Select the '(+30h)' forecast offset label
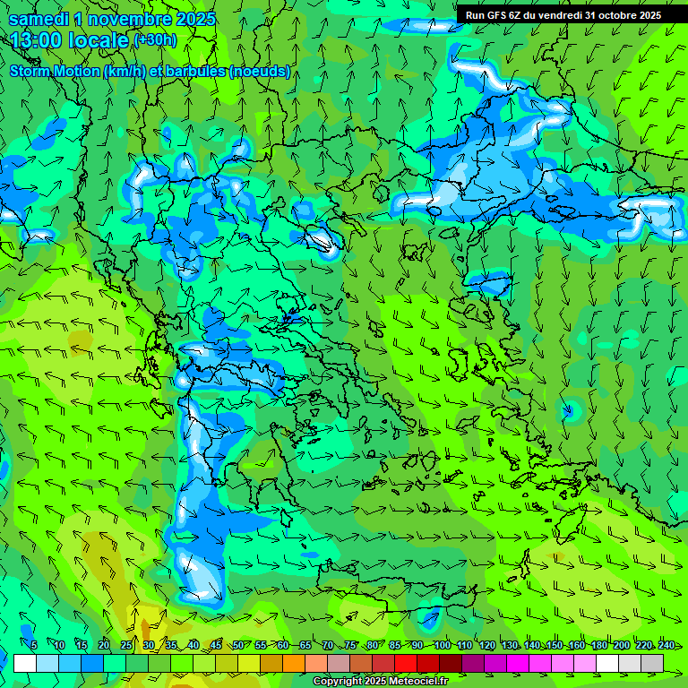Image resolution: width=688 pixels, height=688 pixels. click(x=155, y=39)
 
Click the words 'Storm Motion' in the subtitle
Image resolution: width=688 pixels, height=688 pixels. click(x=54, y=71)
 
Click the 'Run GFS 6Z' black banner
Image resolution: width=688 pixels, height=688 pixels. click(x=563, y=14)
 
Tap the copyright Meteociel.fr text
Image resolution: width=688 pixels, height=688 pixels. click(x=380, y=682)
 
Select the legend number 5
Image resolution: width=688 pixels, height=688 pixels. click(x=34, y=645)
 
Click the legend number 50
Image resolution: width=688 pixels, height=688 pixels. click(x=237, y=645)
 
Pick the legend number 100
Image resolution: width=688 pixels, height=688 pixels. click(x=442, y=645)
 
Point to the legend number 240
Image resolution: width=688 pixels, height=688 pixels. click(x=666, y=645)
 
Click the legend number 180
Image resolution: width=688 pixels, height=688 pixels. click(x=599, y=645)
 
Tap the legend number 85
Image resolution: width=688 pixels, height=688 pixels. click(x=395, y=645)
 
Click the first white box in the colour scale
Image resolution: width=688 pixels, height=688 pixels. click(x=25, y=663)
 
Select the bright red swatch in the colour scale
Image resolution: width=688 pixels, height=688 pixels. click(x=406, y=663)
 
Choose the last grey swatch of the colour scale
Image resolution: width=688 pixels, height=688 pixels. click(x=652, y=663)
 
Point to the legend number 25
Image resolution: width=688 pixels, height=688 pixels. click(x=125, y=645)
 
